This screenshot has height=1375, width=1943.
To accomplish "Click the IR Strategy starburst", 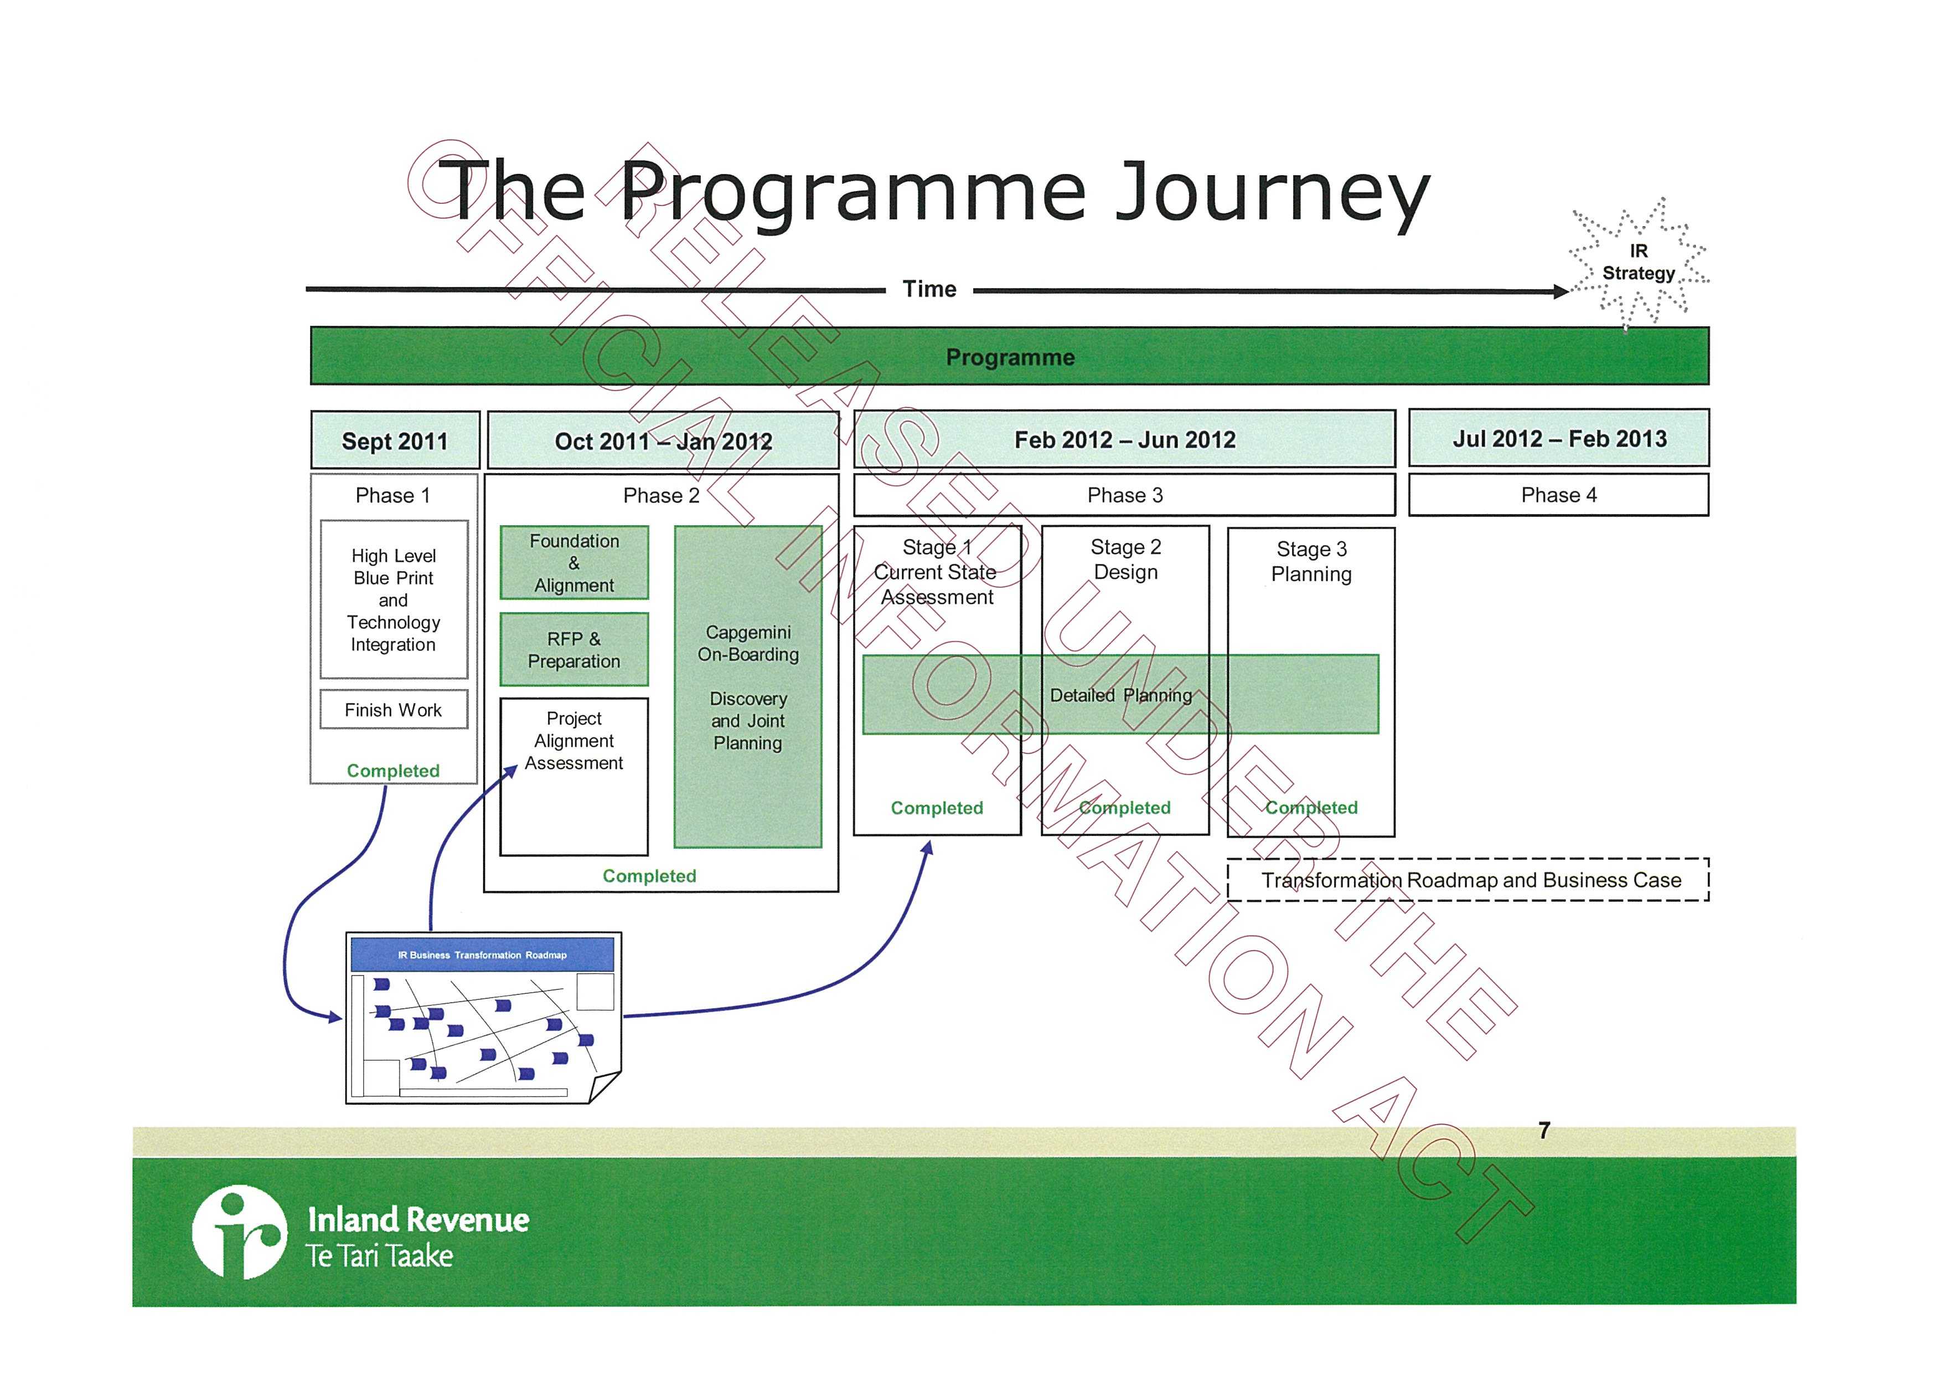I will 1639,263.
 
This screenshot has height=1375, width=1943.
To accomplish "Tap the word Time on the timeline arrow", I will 929,290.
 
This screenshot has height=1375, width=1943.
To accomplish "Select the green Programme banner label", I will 1010,357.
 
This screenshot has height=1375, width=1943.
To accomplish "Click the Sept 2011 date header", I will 394,441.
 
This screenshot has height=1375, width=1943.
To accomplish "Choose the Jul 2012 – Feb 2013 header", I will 1559,439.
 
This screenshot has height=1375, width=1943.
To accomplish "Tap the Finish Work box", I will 394,710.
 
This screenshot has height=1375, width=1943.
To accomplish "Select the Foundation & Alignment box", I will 573,563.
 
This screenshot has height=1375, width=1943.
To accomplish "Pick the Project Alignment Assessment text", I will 573,741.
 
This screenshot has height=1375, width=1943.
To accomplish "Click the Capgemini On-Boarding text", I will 748,644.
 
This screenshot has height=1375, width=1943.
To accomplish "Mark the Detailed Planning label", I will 1120,695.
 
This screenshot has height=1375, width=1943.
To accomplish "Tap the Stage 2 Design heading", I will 1125,560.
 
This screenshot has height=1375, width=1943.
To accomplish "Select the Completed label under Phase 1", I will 394,771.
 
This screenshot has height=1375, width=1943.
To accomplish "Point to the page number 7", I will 1543,1130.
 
